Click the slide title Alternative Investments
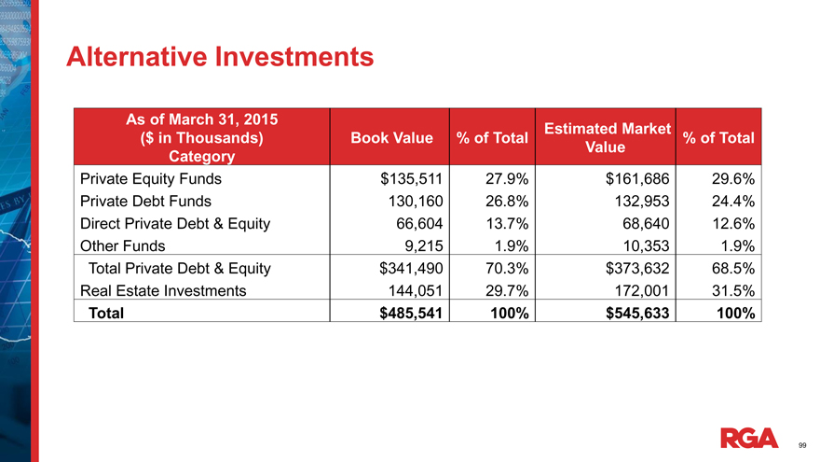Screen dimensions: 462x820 click(x=220, y=58)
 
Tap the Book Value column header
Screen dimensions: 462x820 click(x=391, y=138)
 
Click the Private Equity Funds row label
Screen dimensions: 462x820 click(x=151, y=178)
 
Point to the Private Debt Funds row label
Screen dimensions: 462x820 click(x=145, y=201)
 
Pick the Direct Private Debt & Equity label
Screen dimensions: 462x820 click(x=174, y=223)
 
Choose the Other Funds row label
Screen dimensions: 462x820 click(x=123, y=245)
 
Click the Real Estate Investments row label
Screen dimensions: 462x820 click(x=164, y=290)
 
